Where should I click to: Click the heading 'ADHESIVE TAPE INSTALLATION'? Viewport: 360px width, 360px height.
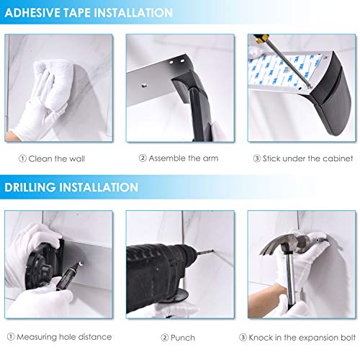(x=89, y=13)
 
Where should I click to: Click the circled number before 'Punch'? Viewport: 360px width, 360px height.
(x=164, y=336)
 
